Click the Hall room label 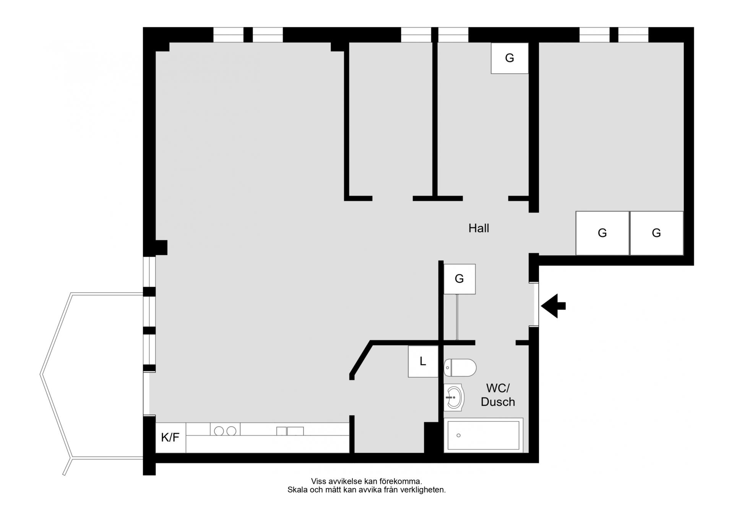pyautogui.click(x=479, y=228)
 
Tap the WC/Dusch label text pyautogui.click(x=498, y=395)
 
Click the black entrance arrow pyautogui.click(x=553, y=306)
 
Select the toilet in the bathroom pyautogui.click(x=460, y=368)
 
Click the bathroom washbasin pyautogui.click(x=454, y=398)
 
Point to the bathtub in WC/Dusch pyautogui.click(x=483, y=435)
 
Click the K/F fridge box pyautogui.click(x=171, y=438)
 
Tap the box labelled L pyautogui.click(x=423, y=361)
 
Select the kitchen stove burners pyautogui.click(x=225, y=431)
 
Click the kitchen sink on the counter pyautogui.click(x=290, y=431)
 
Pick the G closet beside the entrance pyautogui.click(x=460, y=279)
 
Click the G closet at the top pyautogui.click(x=510, y=58)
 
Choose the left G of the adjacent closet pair pyautogui.click(x=602, y=233)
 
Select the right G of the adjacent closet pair pyautogui.click(x=656, y=233)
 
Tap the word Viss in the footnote pyautogui.click(x=319, y=482)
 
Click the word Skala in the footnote pyautogui.click(x=297, y=490)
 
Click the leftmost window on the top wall pyautogui.click(x=228, y=35)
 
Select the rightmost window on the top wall pyautogui.click(x=633, y=35)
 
